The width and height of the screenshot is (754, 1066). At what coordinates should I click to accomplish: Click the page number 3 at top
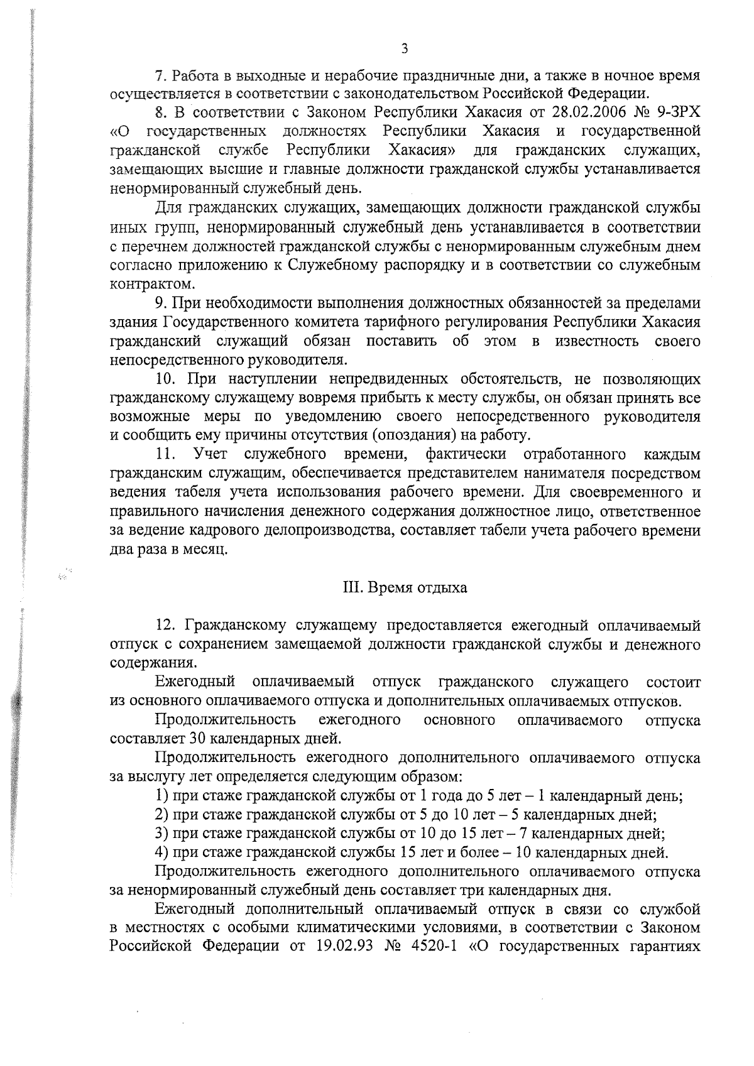click(x=405, y=49)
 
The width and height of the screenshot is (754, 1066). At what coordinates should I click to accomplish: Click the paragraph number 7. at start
click(x=160, y=76)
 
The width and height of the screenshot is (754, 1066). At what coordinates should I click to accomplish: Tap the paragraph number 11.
click(x=165, y=454)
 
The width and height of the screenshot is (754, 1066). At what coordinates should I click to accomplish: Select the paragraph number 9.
click(x=160, y=303)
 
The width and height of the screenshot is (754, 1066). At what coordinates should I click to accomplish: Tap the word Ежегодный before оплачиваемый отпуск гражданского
click(x=195, y=682)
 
